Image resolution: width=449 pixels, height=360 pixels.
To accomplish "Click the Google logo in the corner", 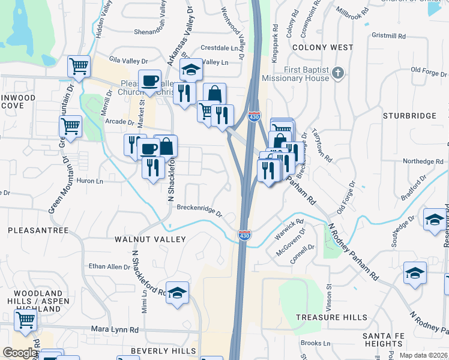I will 20,353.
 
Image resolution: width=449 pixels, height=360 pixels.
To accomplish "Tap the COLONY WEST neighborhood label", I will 315,47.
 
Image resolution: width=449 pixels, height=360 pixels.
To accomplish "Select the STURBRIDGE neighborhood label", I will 409,115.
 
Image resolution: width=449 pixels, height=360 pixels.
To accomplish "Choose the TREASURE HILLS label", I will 332,317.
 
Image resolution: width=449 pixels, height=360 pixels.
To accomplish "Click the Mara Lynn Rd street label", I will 115,329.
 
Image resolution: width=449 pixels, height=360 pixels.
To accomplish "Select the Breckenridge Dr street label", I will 199,209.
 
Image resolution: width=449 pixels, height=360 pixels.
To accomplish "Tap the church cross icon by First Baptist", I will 338,73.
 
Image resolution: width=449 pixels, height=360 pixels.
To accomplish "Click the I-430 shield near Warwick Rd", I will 244,235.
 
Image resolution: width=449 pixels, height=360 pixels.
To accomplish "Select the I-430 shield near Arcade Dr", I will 253,117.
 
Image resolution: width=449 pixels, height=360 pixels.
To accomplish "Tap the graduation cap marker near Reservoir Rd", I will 435,220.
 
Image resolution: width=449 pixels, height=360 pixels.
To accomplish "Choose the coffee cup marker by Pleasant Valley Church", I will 149,80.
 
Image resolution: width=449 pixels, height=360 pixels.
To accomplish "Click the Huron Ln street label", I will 91,181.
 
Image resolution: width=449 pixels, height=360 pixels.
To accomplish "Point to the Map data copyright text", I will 424,355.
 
